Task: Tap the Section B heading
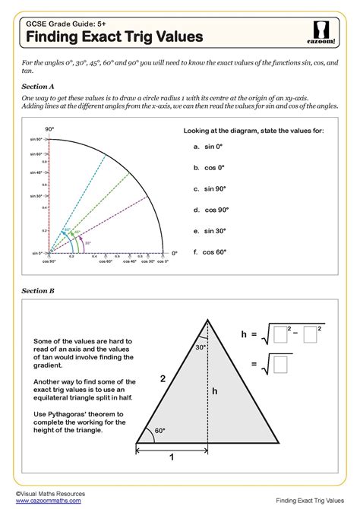[38, 290]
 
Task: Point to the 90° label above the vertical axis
[50, 130]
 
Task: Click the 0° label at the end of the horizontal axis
[173, 252]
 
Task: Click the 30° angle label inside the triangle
[201, 347]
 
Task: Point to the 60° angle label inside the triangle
[160, 429]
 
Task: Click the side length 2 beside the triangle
[161, 378]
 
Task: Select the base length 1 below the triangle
[172, 458]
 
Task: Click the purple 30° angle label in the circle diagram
[87, 243]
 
